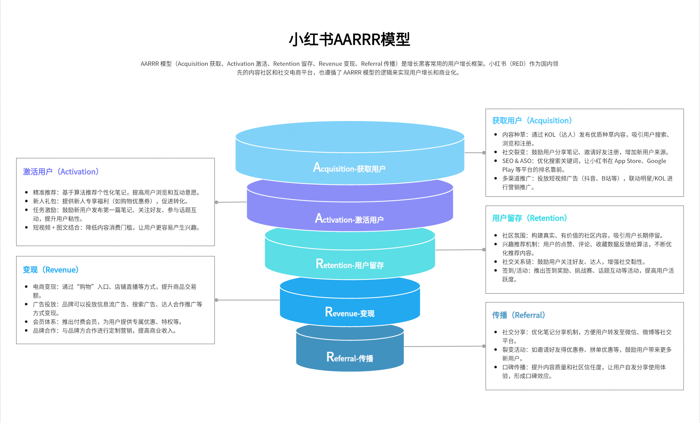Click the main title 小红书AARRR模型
click(349, 40)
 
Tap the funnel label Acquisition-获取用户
click(349, 168)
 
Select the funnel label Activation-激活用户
click(349, 219)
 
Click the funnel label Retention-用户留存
click(349, 264)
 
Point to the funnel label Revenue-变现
click(349, 313)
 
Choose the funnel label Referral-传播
click(349, 358)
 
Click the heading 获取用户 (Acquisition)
click(532, 121)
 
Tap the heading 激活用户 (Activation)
click(61, 172)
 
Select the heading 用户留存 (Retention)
click(529, 218)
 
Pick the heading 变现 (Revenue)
click(51, 270)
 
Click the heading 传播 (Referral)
click(518, 315)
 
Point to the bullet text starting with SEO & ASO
click(584, 161)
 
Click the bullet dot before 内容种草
click(495, 134)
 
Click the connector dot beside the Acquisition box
click(484, 153)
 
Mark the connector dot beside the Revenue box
click(217, 300)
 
